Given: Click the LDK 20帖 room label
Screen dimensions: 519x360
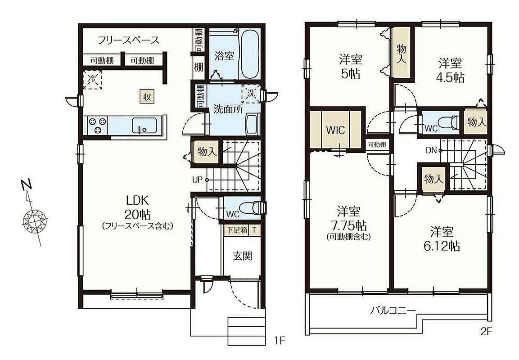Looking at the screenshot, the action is point(137,208).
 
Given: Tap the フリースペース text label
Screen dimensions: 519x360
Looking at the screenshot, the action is point(128,40).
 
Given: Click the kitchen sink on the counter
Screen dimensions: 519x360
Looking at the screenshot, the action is point(144,126).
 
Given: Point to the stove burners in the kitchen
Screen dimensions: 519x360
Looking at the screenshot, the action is point(97,126).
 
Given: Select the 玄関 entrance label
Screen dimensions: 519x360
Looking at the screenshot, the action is point(243,256).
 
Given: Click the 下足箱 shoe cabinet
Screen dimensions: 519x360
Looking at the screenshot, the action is point(236,229).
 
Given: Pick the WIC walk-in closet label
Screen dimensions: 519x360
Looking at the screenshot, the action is point(335,130).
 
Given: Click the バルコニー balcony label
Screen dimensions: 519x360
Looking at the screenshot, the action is point(393,310).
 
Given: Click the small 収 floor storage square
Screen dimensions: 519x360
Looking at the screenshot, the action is point(147,97).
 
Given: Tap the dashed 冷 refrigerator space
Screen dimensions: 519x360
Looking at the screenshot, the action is point(92,79).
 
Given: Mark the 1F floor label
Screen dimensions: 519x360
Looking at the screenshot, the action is point(280,341).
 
